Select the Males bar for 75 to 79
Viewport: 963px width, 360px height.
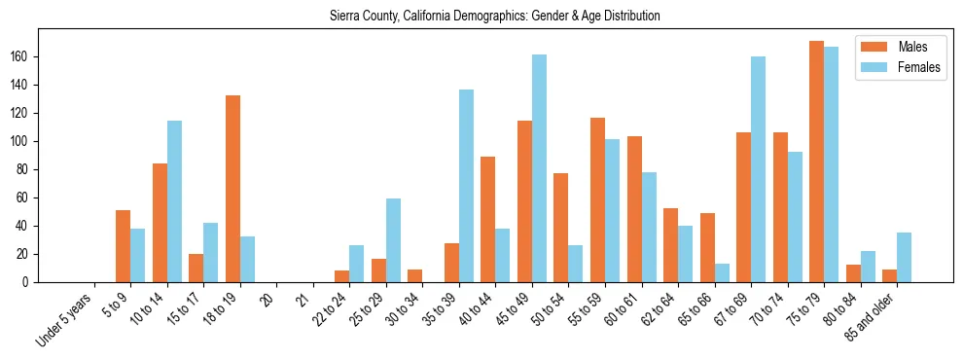point(816,162)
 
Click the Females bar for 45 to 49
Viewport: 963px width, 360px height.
point(539,168)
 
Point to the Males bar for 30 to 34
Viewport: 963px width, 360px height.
point(415,275)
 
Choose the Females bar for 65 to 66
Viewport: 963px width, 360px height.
point(722,272)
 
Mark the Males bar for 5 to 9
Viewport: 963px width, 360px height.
point(123,246)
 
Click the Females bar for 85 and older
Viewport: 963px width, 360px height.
point(904,257)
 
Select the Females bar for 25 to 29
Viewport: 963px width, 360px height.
point(393,240)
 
